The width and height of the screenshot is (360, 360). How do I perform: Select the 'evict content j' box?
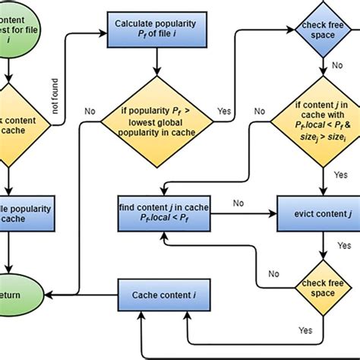[x=317, y=214]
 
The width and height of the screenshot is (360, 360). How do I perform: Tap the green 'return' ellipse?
[x=15, y=295]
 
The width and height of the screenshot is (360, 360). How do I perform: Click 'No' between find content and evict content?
[x=238, y=203]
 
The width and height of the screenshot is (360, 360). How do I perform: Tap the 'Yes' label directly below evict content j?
[x=343, y=246]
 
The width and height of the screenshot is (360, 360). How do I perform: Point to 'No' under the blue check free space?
[x=335, y=65]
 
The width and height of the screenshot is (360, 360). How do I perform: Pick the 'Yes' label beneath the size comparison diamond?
[x=341, y=174]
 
